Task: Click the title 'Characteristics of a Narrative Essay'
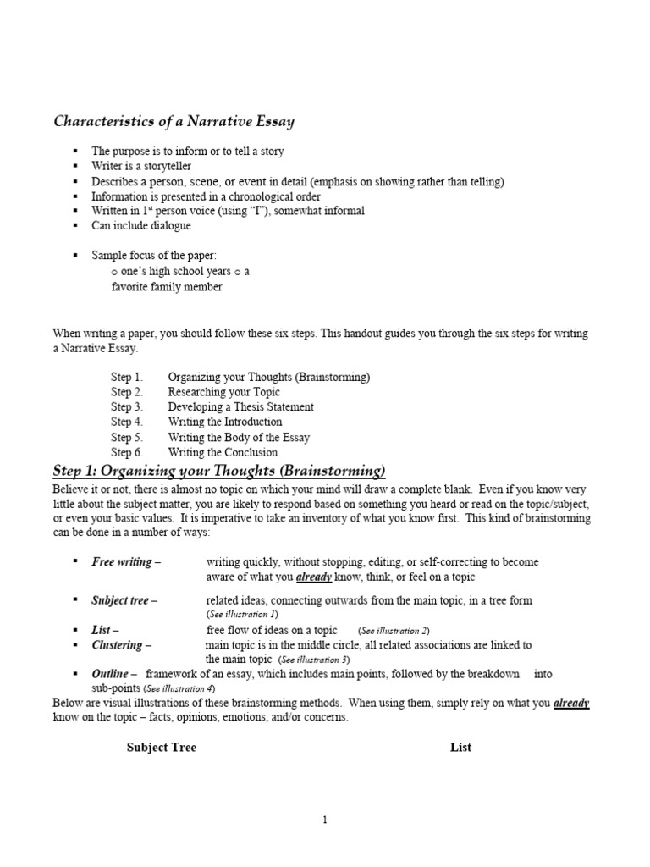(174, 121)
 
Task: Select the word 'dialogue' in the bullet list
(169, 226)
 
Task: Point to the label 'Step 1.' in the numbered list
(127, 377)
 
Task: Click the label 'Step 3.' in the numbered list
(127, 406)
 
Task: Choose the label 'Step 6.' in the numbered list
(127, 452)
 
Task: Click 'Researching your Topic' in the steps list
(223, 392)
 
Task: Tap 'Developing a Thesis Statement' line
(240, 406)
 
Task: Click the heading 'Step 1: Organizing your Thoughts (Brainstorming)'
(219, 470)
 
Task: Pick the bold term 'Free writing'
(122, 561)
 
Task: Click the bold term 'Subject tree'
(121, 600)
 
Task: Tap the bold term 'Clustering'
(117, 644)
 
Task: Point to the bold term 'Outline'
(111, 673)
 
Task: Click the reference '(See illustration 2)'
(394, 631)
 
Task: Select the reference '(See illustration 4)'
(179, 688)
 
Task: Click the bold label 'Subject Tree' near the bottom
(162, 747)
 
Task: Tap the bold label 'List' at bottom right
(460, 747)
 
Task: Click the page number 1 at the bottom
(324, 819)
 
